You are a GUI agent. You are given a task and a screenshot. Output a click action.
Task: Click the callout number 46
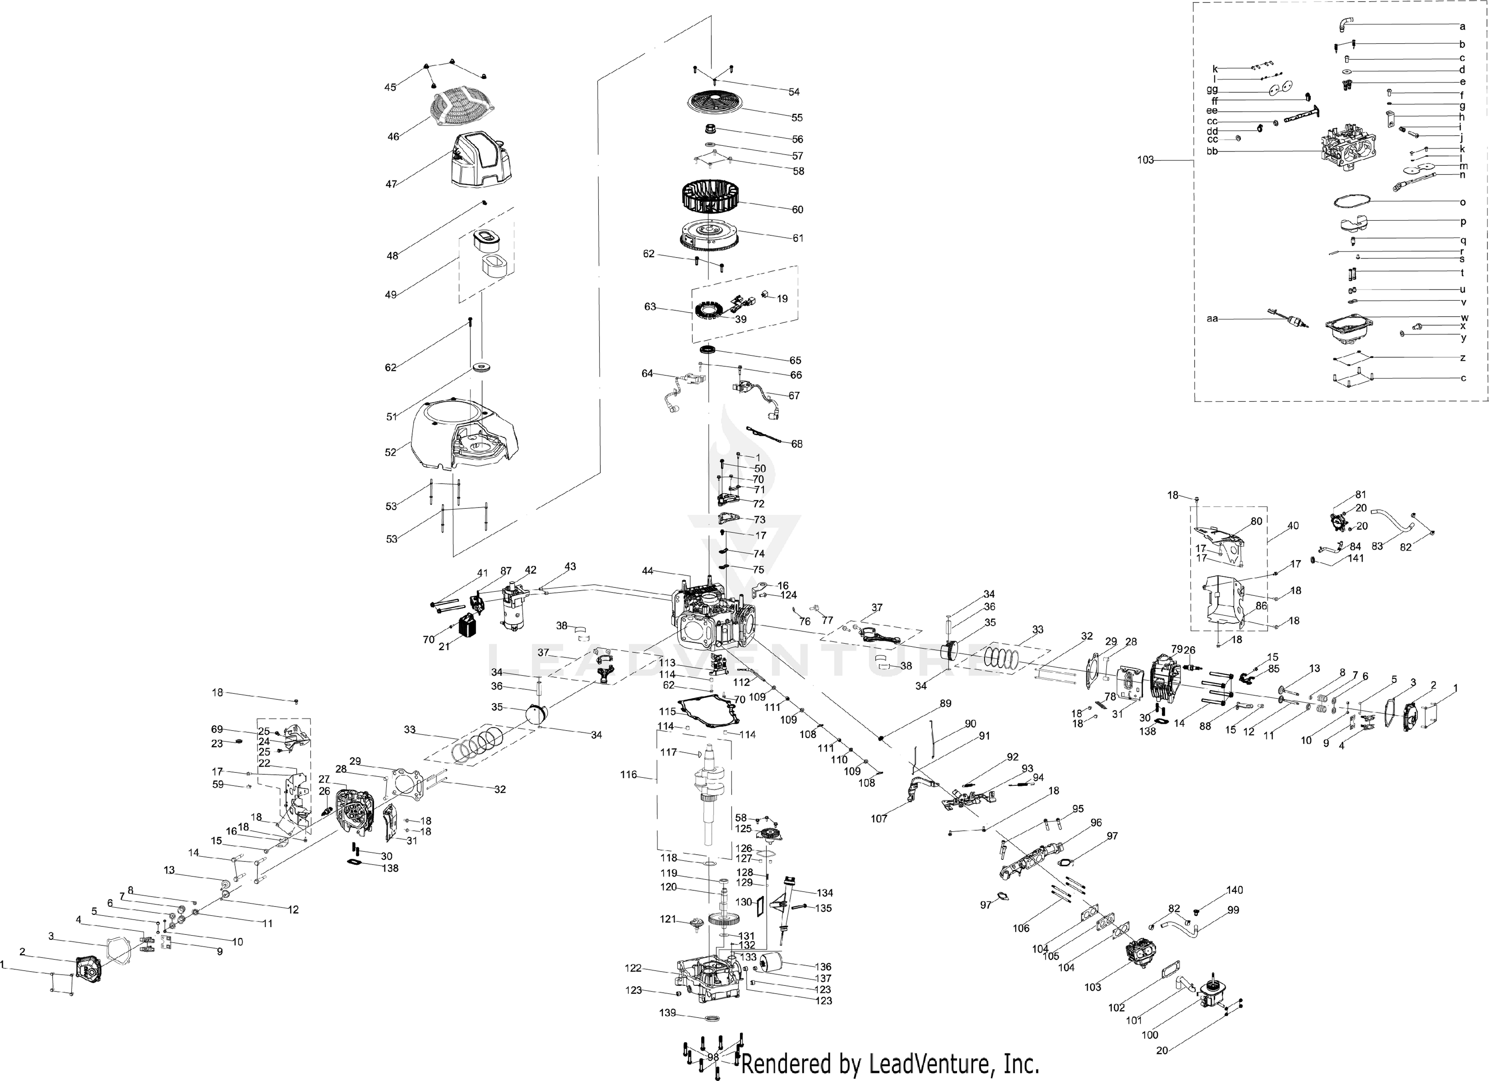[393, 136]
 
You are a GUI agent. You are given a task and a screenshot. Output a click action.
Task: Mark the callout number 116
[628, 775]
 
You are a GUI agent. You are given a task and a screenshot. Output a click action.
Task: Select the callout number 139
[668, 1013]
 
